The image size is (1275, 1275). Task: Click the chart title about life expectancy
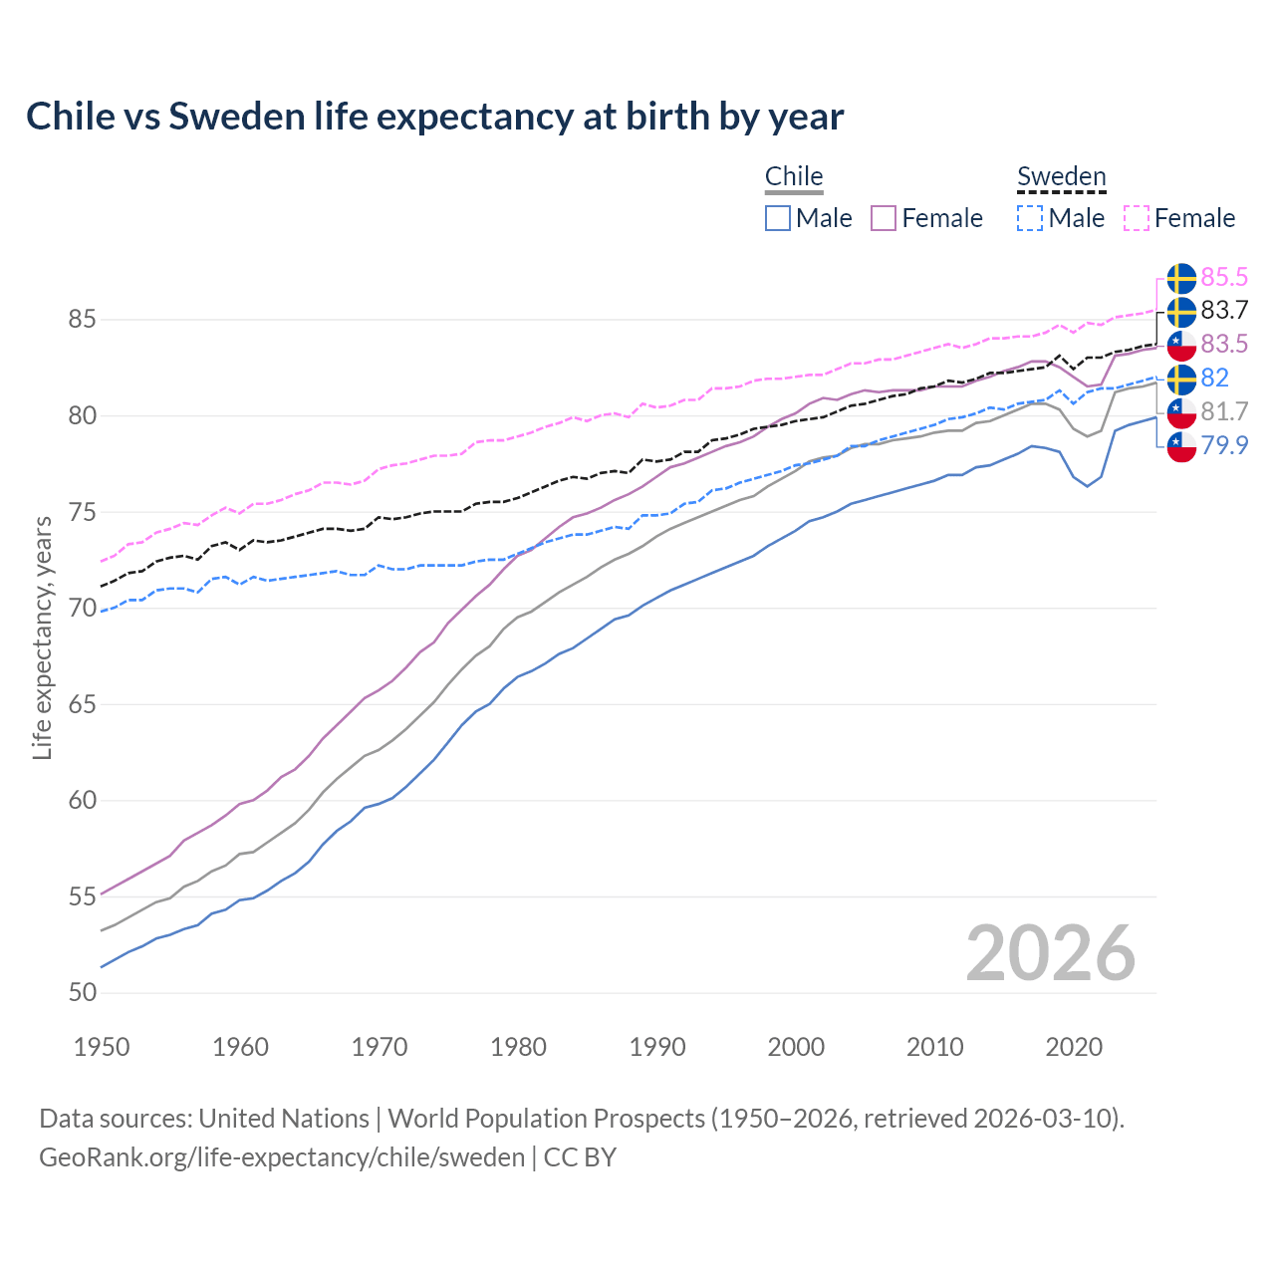434,117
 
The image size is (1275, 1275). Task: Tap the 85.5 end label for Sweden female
1224,277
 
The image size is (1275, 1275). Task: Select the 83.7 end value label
1224,311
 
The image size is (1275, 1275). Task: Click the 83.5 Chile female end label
1224,345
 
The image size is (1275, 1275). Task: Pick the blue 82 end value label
1214,379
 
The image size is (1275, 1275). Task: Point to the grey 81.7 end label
1224,411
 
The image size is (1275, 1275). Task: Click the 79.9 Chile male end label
1224,445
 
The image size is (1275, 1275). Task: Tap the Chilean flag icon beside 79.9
1181,446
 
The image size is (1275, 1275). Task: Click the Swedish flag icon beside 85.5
1181,278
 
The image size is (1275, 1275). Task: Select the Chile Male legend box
778,218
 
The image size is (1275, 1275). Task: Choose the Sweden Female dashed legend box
1137,218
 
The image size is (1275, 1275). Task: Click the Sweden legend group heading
1061,177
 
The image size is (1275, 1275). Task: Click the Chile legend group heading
794,177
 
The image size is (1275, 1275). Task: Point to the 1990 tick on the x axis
657,1047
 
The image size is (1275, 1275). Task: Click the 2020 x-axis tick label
1074,1047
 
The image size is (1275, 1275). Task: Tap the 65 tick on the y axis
83,705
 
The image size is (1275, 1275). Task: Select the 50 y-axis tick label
83,993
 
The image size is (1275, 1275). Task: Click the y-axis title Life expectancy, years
42,637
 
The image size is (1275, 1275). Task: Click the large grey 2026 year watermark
1050,954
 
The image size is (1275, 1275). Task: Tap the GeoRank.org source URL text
282,1157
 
